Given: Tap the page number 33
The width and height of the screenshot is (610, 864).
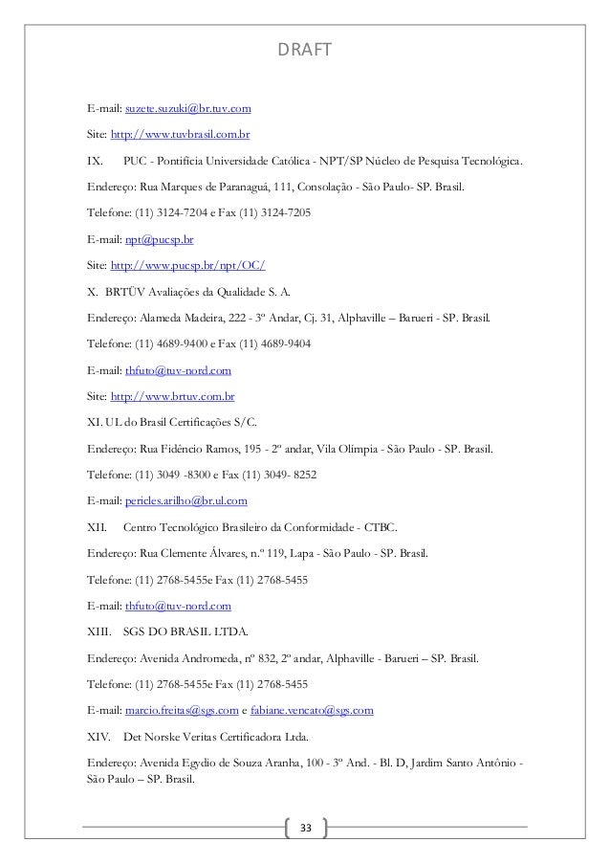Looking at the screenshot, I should point(306,826).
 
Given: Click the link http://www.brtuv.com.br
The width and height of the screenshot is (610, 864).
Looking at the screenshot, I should point(173,395).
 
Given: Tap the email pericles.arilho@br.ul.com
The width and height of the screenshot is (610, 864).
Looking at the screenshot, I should point(185,499).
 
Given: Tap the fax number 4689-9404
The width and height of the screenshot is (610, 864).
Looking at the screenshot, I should point(284,343).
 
